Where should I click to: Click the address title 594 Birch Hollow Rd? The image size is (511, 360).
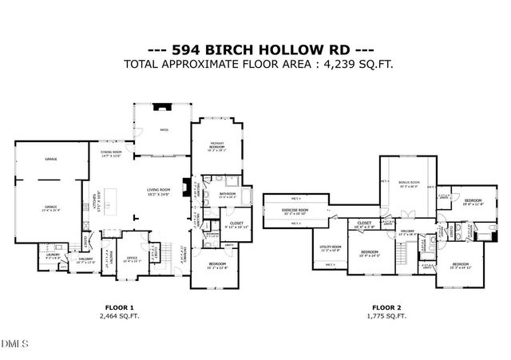[x=255, y=48]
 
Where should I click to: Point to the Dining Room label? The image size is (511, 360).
[x=111, y=153]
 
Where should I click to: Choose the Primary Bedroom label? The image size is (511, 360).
[x=216, y=148]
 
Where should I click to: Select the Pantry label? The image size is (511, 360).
[x=111, y=256]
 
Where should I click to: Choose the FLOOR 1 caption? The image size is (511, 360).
[x=120, y=307]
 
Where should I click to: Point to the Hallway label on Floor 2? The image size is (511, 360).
[x=407, y=233]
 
